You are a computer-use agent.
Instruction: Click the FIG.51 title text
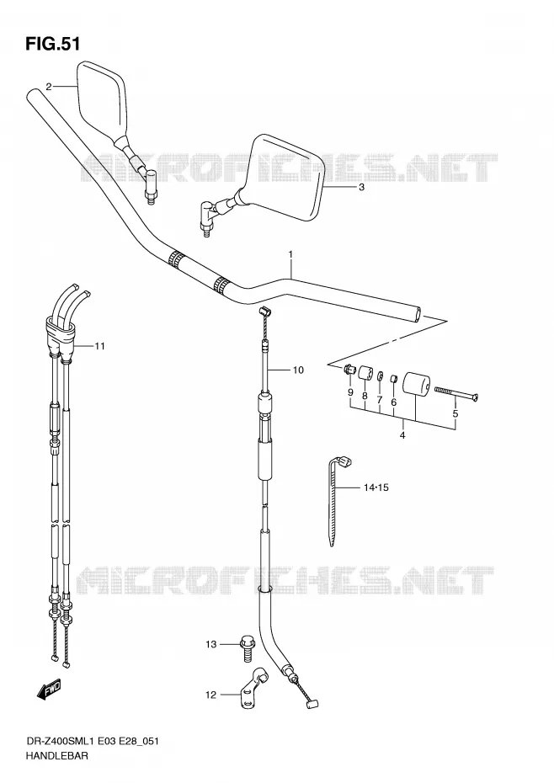pos(52,44)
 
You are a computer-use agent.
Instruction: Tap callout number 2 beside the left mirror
pos(49,87)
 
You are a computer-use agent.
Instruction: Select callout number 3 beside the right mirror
pos(362,187)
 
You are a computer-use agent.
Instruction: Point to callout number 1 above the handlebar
pos(290,254)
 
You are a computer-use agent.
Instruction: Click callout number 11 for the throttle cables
pos(99,345)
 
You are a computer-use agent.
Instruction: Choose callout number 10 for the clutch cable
pos(298,370)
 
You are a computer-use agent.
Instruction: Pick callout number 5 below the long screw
pos(455,413)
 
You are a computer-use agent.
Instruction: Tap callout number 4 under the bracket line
pos(402,435)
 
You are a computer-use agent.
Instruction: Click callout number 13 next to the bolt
pos(210,644)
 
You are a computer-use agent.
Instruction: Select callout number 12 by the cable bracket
pos(210,695)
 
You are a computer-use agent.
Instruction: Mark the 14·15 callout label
pos(376,487)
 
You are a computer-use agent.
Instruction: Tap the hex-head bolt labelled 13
pos(247,647)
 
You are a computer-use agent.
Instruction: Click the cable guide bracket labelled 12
pos(253,688)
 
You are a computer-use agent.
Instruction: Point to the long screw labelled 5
pos(456,392)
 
